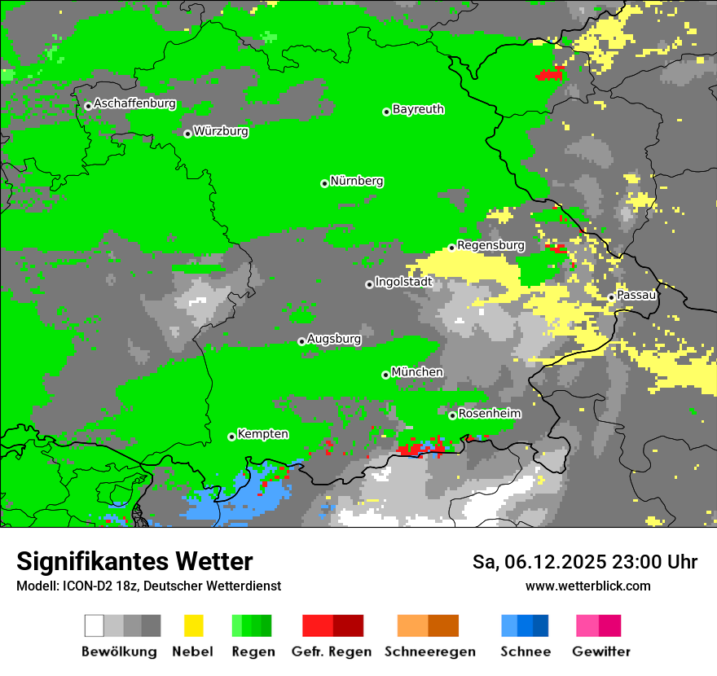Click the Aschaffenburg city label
[x=134, y=103]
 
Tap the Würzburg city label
[x=221, y=130]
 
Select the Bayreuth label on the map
[x=418, y=109]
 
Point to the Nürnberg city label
[x=356, y=181]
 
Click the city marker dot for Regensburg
[x=451, y=248]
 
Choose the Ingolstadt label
[x=403, y=282]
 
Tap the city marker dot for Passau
[x=611, y=297]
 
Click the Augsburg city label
[x=334, y=339]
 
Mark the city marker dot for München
[x=385, y=375]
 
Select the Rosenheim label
[x=489, y=413]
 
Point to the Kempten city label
[x=262, y=434]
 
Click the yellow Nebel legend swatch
[x=193, y=626]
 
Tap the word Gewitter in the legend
[x=600, y=652]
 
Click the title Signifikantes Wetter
[x=134, y=561]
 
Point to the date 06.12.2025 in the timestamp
[x=554, y=562]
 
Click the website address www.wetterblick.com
[x=587, y=586]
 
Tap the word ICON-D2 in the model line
[x=81, y=586]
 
